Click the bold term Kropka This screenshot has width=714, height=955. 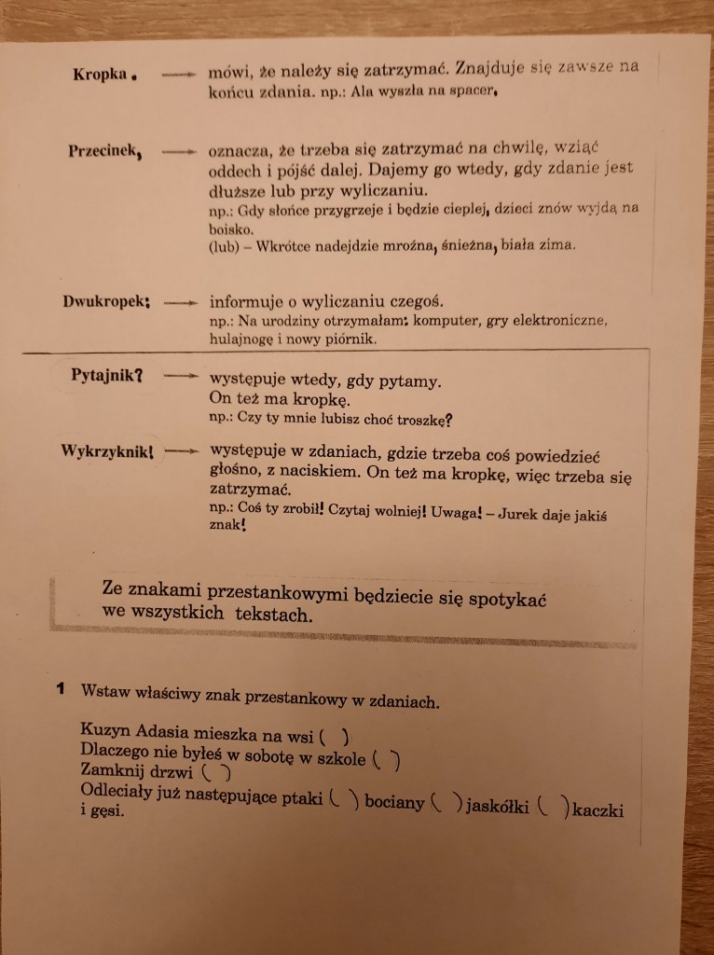[x=99, y=76]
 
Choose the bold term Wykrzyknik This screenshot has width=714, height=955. [x=104, y=450]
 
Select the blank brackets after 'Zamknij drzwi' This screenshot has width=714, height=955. [x=214, y=772]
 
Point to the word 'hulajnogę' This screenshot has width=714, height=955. [x=244, y=340]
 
